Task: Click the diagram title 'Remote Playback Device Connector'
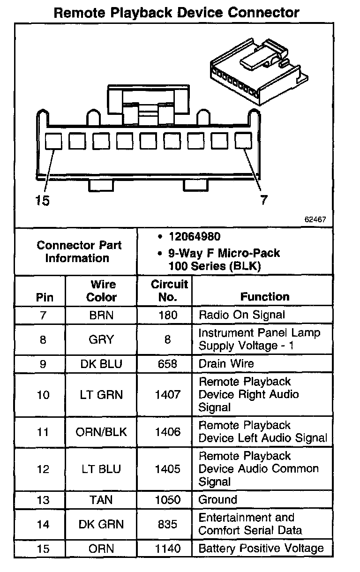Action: pos(177,12)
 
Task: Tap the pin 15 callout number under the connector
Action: pos(42,201)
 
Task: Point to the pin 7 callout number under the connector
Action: pos(264,201)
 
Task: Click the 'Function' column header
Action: pos(265,297)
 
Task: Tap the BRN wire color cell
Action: pos(101,315)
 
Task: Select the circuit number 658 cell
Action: pos(167,364)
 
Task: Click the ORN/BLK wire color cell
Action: pos(101,431)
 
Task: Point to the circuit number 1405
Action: pos(167,469)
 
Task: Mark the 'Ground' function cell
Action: pos(218,500)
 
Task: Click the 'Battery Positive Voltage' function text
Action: pos(261,548)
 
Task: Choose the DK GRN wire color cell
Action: pos(101,524)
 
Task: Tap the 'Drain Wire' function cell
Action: pos(226,364)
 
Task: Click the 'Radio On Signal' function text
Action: pos(242,315)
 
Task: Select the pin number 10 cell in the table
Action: pos(43,395)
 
